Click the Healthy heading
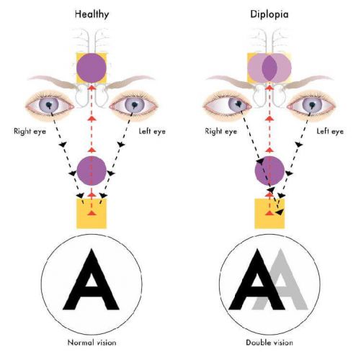(92, 14)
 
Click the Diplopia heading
(269, 14)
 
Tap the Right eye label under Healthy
(30, 132)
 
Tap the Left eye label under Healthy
(152, 131)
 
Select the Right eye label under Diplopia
(220, 132)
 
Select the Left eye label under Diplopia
(330, 131)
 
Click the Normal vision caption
(92, 342)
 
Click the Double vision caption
(269, 342)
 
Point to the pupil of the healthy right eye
(49, 104)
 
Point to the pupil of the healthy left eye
(134, 104)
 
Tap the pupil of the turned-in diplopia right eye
(239, 104)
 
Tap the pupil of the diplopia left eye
(312, 104)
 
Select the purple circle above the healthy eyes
(92, 68)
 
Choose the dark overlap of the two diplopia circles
(269, 68)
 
